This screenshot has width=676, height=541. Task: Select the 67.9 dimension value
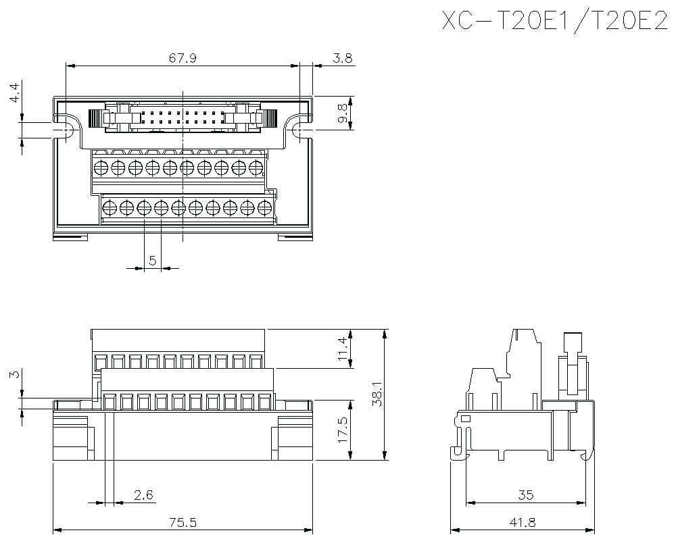coord(183,58)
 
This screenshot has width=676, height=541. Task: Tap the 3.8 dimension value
coord(343,58)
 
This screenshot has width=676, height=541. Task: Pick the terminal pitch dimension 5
coord(153,260)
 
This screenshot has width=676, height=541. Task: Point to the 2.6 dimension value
coord(143,495)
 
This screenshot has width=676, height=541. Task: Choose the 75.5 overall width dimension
coord(183,522)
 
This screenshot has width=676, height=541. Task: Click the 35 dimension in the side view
coord(525,495)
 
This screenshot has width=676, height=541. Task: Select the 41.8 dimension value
coord(525,522)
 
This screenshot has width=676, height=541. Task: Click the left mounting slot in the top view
coord(68,128)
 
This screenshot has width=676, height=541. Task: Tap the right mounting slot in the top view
coord(298,128)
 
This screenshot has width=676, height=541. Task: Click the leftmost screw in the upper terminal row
coord(101,167)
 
